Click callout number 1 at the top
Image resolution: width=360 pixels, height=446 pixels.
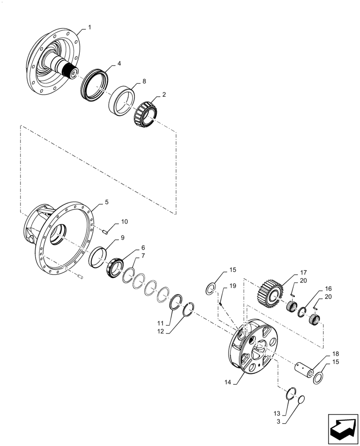pyautogui.click(x=90, y=28)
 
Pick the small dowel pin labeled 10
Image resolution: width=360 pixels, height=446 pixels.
pyautogui.click(x=105, y=231)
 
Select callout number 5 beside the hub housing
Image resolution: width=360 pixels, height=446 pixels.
pyautogui.click(x=106, y=202)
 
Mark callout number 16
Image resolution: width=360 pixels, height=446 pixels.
pyautogui.click(x=328, y=289)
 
